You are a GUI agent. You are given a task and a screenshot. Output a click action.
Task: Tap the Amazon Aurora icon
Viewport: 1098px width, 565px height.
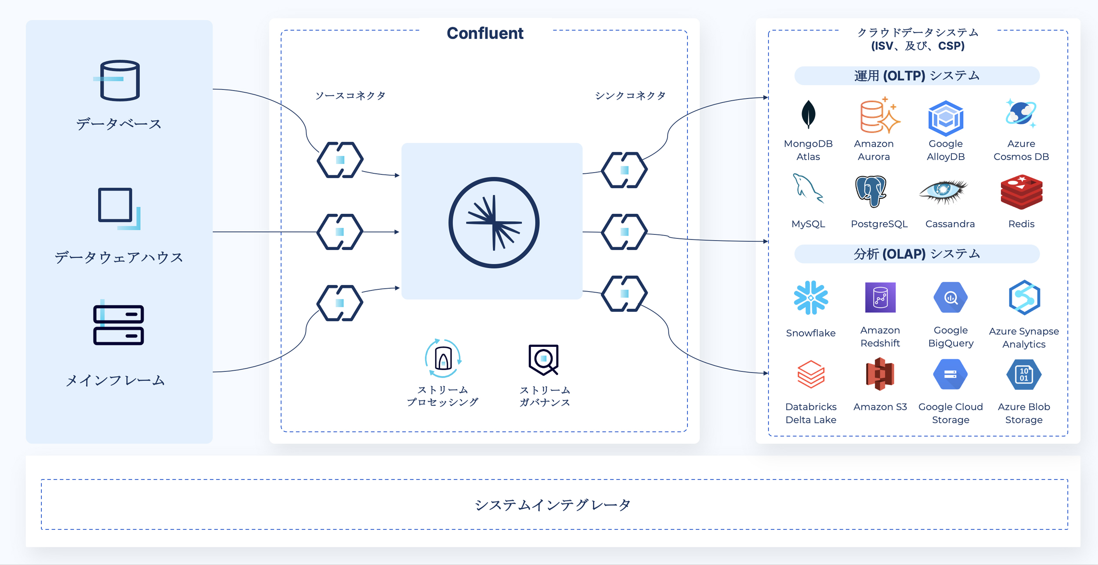point(878,115)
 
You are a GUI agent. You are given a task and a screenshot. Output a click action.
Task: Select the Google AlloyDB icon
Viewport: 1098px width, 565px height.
point(946,118)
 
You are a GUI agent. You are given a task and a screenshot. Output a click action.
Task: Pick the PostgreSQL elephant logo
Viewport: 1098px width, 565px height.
point(871,191)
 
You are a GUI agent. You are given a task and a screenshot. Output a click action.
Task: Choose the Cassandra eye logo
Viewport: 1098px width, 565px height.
point(944,191)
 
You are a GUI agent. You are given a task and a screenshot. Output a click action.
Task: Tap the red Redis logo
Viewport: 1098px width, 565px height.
point(1022,192)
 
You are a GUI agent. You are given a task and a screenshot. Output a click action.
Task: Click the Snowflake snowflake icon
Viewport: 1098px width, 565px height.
point(811,298)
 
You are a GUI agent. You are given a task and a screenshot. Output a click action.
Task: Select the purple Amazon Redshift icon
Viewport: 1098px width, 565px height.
point(880,297)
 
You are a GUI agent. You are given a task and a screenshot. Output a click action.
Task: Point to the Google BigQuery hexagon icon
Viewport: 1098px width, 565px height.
point(950,298)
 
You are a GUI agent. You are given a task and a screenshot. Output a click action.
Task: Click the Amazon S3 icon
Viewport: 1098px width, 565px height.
point(880,374)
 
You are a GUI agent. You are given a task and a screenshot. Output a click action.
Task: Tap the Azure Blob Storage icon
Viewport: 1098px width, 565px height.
point(1023,374)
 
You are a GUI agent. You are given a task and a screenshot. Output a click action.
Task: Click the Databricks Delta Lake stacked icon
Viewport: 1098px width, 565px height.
point(811,374)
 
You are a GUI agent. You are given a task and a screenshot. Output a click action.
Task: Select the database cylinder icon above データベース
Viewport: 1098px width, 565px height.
point(119,81)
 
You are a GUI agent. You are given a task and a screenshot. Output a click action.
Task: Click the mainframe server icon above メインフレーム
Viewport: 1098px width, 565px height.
point(119,325)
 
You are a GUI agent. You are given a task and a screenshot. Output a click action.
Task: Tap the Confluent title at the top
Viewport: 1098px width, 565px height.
point(485,33)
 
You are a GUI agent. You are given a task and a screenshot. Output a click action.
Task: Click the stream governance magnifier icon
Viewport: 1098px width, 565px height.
point(544,360)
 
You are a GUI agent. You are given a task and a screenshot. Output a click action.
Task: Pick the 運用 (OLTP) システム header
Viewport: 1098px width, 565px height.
point(917,76)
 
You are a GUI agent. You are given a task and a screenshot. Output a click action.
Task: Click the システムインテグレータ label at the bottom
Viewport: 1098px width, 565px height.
point(553,505)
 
